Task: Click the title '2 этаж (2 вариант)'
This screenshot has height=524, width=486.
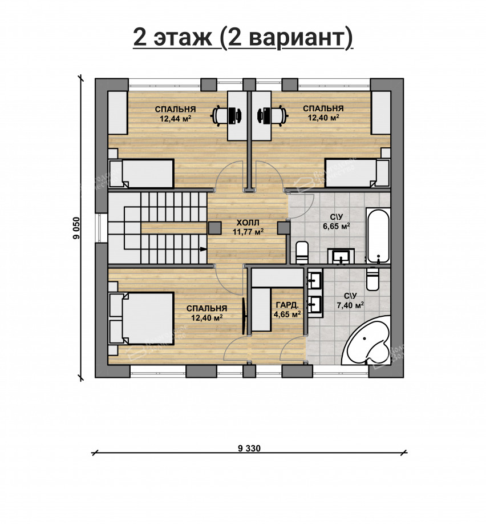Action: (x=243, y=38)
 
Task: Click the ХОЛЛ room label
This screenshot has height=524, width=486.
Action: (x=248, y=223)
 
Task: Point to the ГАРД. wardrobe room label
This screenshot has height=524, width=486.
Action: (x=287, y=305)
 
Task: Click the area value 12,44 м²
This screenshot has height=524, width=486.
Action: (x=175, y=119)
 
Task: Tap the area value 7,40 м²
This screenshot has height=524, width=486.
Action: (x=350, y=305)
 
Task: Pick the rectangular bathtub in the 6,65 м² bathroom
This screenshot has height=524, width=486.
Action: (x=378, y=235)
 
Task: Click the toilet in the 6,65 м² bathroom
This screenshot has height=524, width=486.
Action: (x=302, y=252)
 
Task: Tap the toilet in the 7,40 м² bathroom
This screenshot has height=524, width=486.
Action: (x=373, y=279)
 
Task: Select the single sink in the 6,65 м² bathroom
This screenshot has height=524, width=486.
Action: (x=342, y=257)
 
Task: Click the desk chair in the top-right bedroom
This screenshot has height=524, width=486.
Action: (x=275, y=115)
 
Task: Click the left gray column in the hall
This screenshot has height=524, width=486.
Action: (x=214, y=228)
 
